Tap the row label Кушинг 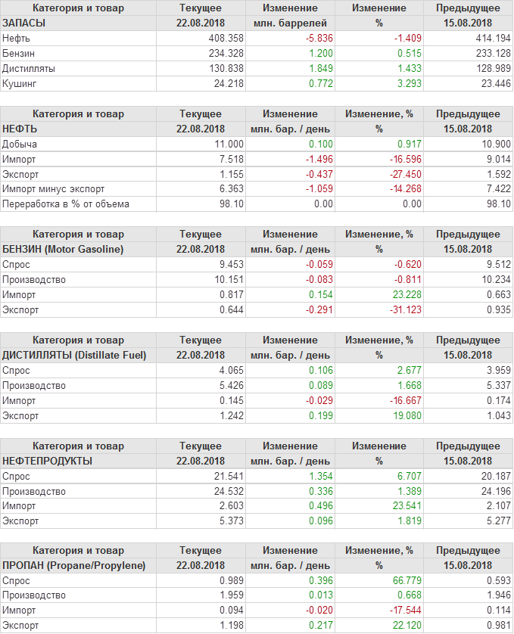coord(20,83)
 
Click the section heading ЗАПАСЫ coord(24,23)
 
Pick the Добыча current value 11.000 coord(229,144)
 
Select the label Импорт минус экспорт coord(53,189)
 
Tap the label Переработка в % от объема coord(66,204)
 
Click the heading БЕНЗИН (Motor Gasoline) coord(64,249)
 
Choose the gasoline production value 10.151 coord(227,279)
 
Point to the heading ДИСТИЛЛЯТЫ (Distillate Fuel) coord(74,355)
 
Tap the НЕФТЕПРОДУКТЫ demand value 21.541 coord(227,476)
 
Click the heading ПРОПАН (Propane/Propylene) coord(73,565)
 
